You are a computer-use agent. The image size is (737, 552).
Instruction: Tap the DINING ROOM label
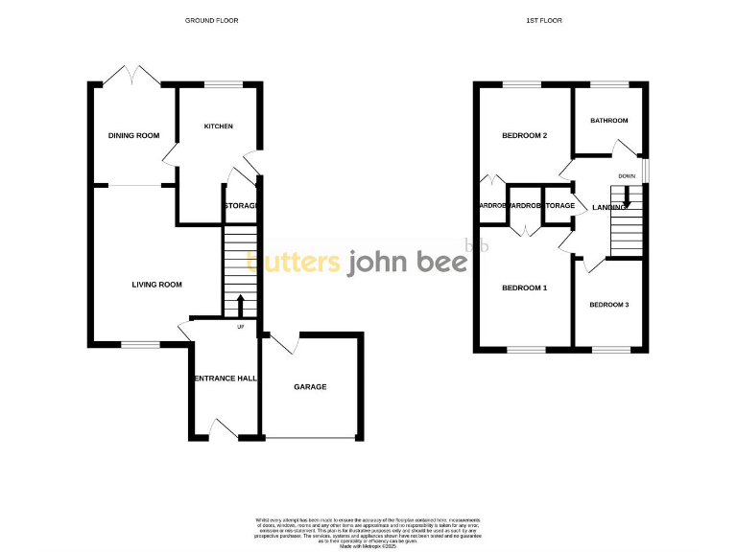click(133, 135)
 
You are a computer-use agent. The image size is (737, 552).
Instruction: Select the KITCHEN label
click(218, 126)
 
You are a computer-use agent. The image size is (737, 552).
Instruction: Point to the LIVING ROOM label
click(156, 285)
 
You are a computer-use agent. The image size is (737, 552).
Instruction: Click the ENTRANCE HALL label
click(226, 379)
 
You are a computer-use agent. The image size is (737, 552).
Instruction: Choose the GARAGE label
click(310, 387)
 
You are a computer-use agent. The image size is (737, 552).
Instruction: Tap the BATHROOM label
click(608, 121)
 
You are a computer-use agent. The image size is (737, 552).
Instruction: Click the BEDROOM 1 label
click(524, 287)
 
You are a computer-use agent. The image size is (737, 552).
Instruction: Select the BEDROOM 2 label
click(524, 135)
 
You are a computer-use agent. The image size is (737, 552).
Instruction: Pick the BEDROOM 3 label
click(608, 305)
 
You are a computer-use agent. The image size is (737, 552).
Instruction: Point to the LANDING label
click(609, 207)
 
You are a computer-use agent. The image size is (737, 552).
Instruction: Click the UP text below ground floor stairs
click(240, 327)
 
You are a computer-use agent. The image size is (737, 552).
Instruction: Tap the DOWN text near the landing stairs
click(627, 175)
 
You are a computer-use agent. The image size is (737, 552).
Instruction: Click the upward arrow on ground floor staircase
click(240, 305)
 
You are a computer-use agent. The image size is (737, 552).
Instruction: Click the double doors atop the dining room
click(132, 75)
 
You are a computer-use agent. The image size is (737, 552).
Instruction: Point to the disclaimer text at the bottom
click(368, 531)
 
